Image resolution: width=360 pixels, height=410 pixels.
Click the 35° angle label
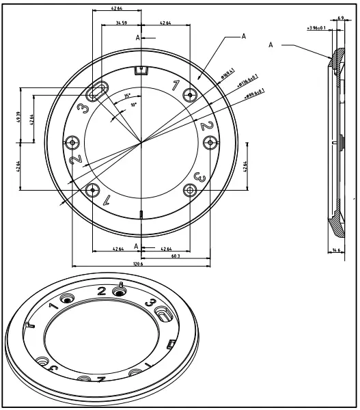pyautogui.click(x=127, y=96)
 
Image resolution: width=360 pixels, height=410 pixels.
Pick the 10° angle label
pyautogui.click(x=135, y=105)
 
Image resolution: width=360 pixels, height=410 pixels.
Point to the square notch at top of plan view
pyautogui.click(x=141, y=70)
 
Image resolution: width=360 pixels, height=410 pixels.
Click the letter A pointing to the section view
pyautogui.click(x=271, y=45)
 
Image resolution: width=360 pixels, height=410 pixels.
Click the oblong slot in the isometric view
pyautogui.click(x=165, y=314)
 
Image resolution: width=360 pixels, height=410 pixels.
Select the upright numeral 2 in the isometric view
pyautogui.click(x=102, y=292)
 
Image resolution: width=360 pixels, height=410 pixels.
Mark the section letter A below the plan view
pyautogui.click(x=137, y=245)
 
